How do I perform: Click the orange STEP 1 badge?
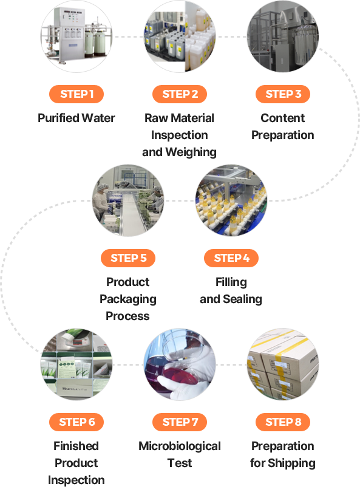(x=76, y=94)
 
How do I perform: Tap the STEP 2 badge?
(x=180, y=94)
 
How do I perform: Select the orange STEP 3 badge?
(x=283, y=94)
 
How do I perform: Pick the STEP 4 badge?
(x=231, y=258)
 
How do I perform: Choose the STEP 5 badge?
(x=128, y=258)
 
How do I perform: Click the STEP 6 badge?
(x=76, y=422)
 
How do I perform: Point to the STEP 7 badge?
(x=180, y=422)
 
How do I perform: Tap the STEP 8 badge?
(x=283, y=422)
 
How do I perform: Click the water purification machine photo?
(x=76, y=36)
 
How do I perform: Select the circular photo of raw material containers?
(x=180, y=36)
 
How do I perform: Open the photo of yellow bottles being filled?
(x=231, y=200)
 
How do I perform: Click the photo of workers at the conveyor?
(x=128, y=200)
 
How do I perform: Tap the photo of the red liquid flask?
(x=180, y=364)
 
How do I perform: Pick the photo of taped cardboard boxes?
(x=283, y=364)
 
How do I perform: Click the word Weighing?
(x=191, y=152)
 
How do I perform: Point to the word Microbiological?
(x=180, y=446)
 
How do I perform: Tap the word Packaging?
(x=128, y=299)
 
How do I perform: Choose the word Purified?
(x=58, y=118)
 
